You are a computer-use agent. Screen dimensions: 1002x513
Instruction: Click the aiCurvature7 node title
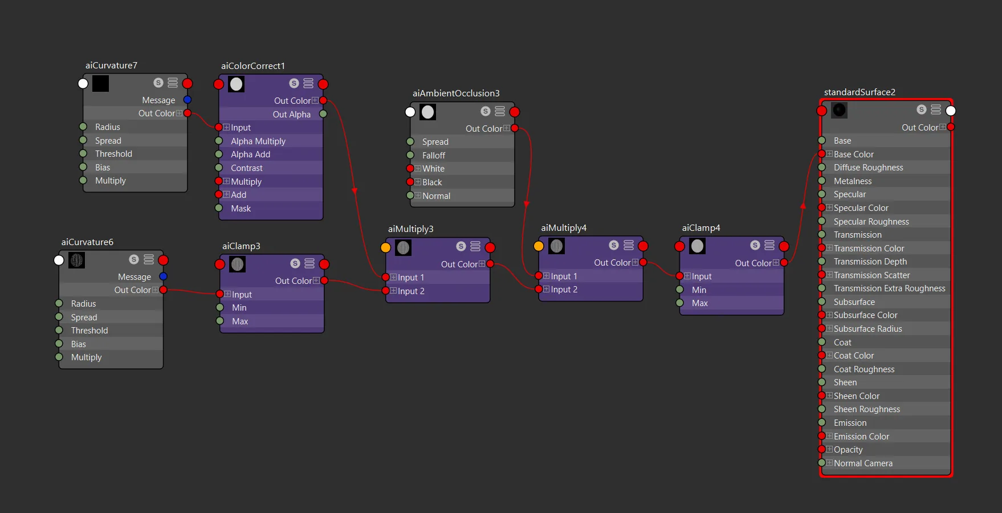click(111, 66)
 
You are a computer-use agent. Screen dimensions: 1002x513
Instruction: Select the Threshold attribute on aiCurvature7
click(113, 154)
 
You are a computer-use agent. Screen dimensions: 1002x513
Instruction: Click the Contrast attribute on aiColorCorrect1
click(247, 168)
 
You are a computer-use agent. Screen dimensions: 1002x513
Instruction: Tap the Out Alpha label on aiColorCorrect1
click(292, 115)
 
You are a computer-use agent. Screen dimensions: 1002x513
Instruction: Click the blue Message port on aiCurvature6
click(164, 276)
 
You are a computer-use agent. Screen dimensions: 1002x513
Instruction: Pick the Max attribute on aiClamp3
click(240, 321)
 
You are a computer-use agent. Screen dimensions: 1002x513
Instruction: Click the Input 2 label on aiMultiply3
click(411, 291)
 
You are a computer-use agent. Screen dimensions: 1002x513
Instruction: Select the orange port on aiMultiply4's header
click(539, 246)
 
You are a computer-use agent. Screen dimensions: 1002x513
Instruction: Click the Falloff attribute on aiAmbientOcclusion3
click(434, 156)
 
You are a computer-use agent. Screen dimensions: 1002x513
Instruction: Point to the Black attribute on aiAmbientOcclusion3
click(432, 182)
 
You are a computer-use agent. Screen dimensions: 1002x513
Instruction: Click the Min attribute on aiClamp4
click(699, 290)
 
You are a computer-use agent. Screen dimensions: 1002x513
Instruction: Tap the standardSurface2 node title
click(860, 92)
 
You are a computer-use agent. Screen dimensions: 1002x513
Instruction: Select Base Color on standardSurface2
click(854, 154)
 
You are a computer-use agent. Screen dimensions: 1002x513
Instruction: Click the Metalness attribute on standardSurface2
click(853, 181)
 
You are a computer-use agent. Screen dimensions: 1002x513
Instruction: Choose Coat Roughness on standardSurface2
click(864, 369)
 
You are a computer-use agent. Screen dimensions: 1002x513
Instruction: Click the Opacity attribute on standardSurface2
click(848, 450)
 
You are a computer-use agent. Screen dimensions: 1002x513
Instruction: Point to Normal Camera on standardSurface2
click(863, 463)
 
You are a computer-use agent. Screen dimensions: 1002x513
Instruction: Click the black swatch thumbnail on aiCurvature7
click(101, 84)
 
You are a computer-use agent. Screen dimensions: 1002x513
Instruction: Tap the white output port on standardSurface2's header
click(951, 111)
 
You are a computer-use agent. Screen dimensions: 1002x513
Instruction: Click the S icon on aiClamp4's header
click(755, 245)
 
